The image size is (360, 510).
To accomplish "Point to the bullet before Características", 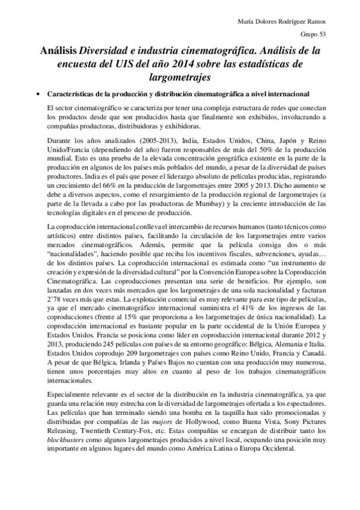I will [38, 94].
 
